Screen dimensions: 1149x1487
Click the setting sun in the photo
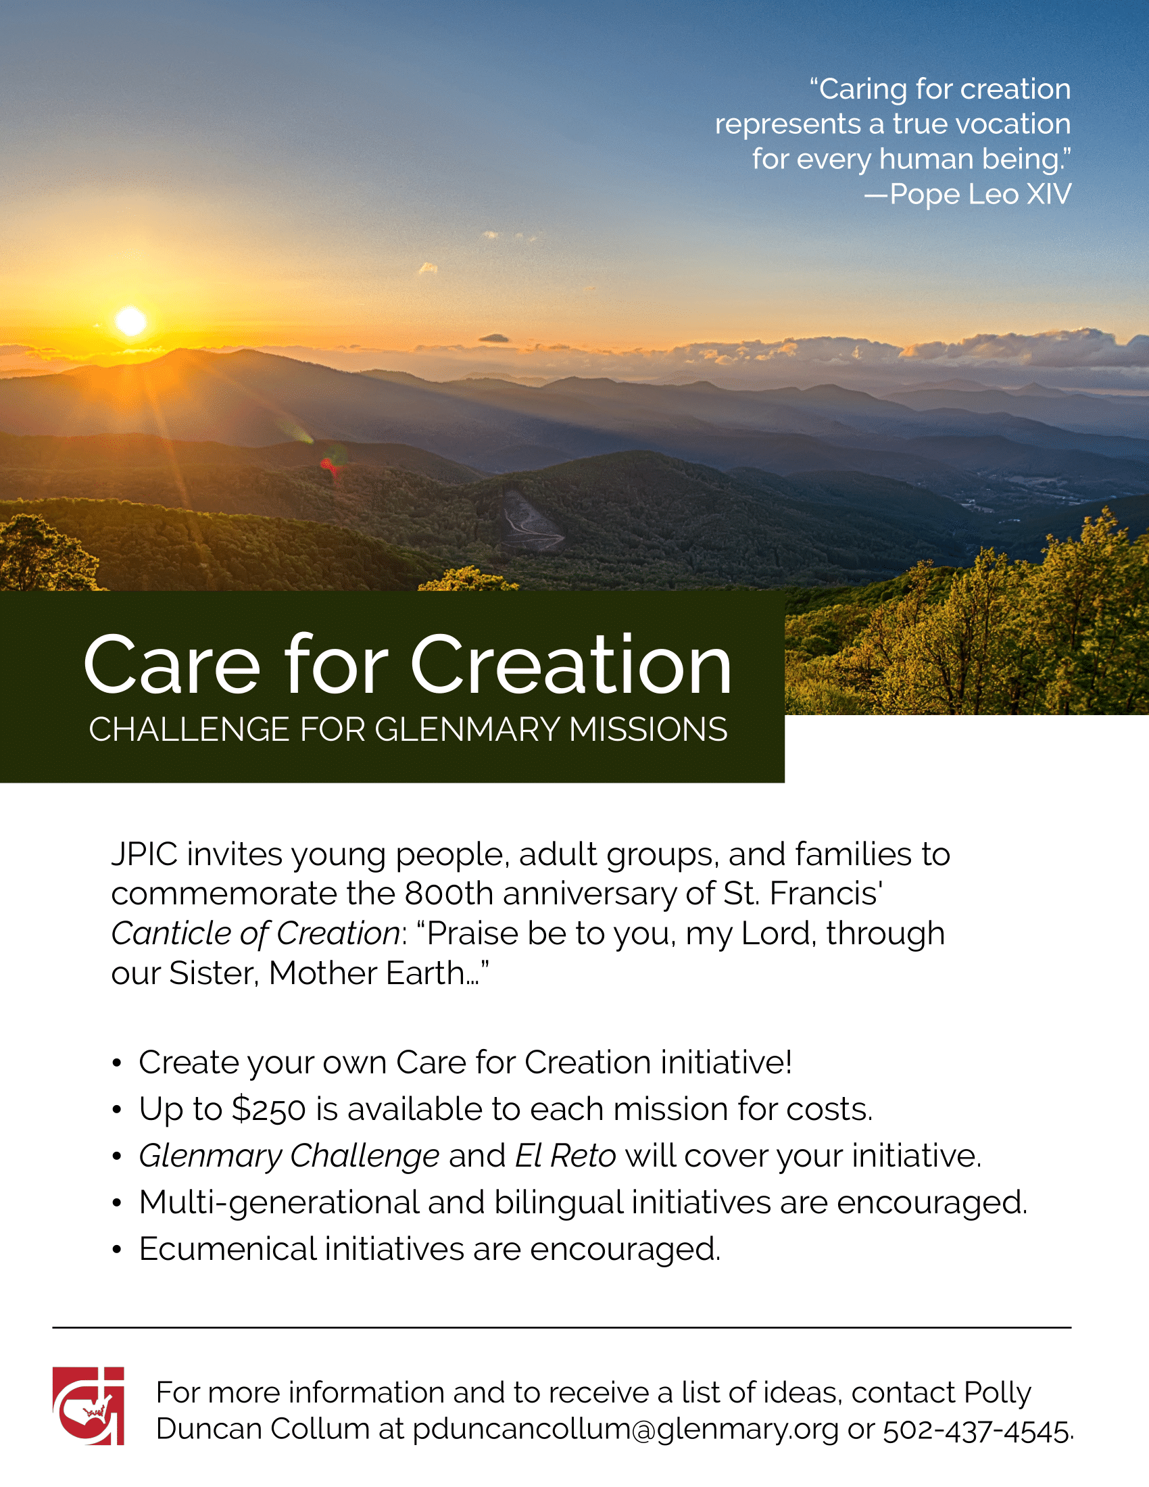[x=130, y=320]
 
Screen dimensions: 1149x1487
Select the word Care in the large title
[x=172, y=664]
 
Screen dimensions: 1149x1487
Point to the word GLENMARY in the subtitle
[x=468, y=729]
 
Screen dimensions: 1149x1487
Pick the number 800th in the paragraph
[x=449, y=894]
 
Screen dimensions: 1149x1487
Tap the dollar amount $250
[x=268, y=1110]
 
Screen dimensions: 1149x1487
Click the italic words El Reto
[x=566, y=1156]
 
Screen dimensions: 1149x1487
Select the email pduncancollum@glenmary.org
[x=626, y=1429]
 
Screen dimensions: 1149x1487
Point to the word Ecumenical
[x=227, y=1249]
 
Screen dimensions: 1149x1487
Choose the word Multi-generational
[x=279, y=1203]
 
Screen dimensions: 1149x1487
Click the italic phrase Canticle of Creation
[x=255, y=933]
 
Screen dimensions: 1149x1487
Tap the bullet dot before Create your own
[x=117, y=1063]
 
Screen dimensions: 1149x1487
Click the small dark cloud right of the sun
[x=494, y=338]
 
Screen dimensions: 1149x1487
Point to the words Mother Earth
[x=366, y=973]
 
